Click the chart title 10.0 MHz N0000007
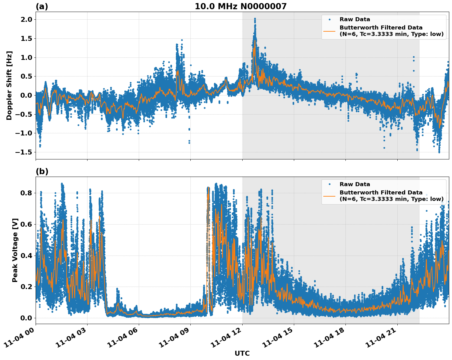[x=240, y=6]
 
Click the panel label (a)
[x=42, y=6]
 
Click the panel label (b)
[x=42, y=171]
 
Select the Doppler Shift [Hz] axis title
[x=9, y=85]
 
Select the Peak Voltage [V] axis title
[x=15, y=250]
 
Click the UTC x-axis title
[x=242, y=353]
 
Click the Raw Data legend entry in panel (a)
[x=355, y=19]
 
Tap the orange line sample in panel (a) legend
[x=329, y=31]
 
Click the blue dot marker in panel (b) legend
[x=329, y=184]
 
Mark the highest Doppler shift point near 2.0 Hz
[x=255, y=19]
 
